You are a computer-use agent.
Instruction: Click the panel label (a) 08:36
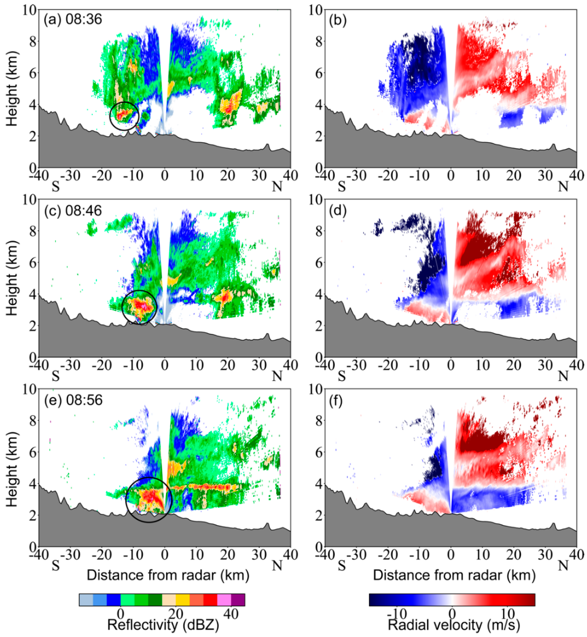click(73, 20)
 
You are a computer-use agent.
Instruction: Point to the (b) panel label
click(338, 20)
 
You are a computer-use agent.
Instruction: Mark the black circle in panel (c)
click(139, 307)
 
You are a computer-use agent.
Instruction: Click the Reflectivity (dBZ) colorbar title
click(163, 625)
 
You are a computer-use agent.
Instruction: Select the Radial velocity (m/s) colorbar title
click(454, 625)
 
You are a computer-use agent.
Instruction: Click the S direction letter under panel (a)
click(56, 187)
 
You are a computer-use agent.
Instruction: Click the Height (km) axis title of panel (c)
click(12, 278)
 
